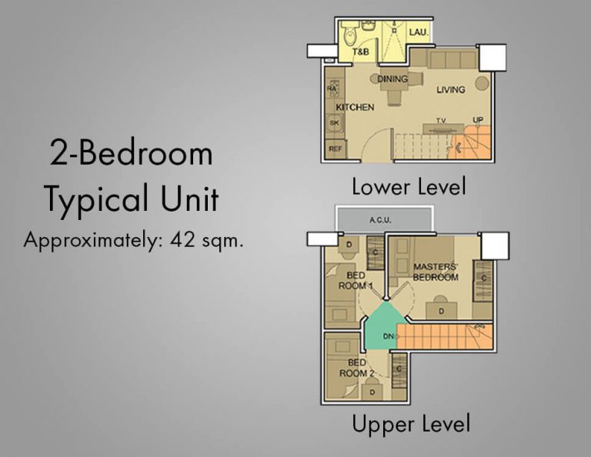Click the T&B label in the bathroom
361,52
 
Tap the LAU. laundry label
419,32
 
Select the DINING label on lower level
392,78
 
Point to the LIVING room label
451,90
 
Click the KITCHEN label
355,107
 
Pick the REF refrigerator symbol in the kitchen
335,148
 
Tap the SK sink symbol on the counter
334,123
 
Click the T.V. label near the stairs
442,121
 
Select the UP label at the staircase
478,121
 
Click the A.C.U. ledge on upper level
380,219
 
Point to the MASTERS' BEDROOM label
436,272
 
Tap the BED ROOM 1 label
356,280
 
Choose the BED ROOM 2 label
356,368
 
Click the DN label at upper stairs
389,336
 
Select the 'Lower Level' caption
409,186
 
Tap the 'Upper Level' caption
410,424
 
